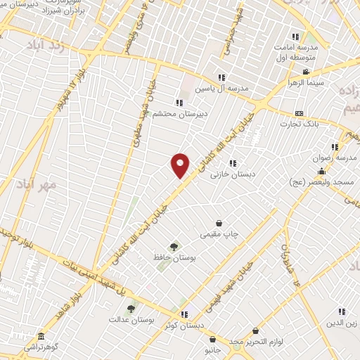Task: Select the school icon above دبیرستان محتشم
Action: (179, 103)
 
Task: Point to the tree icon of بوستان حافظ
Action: (174, 246)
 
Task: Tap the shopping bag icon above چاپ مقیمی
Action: (219, 223)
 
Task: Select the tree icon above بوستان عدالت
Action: (130, 308)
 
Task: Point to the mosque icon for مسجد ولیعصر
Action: (322, 172)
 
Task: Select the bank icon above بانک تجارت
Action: (300, 113)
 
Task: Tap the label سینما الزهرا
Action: (303, 82)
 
